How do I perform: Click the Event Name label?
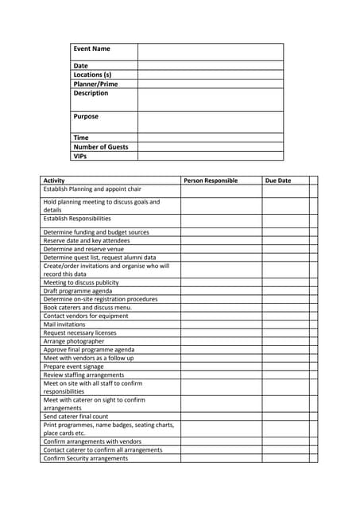coord(92,49)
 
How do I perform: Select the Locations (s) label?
coord(92,75)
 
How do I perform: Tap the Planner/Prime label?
coord(95,84)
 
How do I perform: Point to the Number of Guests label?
coord(100,147)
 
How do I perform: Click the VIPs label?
coord(81,156)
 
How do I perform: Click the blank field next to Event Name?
coord(211,52)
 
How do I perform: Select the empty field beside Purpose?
coord(211,122)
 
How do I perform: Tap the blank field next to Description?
coord(211,99)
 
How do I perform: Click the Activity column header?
coord(54,181)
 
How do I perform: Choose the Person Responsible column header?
coord(211,181)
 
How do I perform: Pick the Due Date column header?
coord(278,181)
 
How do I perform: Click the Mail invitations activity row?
coord(64,324)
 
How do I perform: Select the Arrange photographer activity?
coord(74,341)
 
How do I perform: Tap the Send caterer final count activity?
coord(75,416)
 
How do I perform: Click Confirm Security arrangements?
coord(85,458)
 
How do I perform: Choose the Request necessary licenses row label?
coord(79,332)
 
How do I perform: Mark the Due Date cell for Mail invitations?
coord(285,324)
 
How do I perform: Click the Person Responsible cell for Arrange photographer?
coord(221,341)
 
